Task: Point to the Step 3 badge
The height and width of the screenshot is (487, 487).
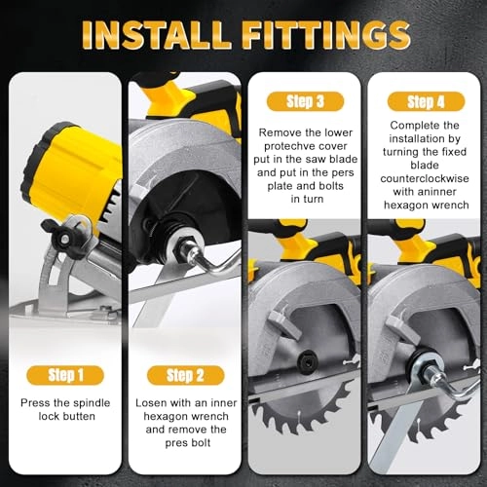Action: point(302,101)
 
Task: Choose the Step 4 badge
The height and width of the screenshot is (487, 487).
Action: point(424,101)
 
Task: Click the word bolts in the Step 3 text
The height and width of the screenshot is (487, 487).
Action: point(336,184)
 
